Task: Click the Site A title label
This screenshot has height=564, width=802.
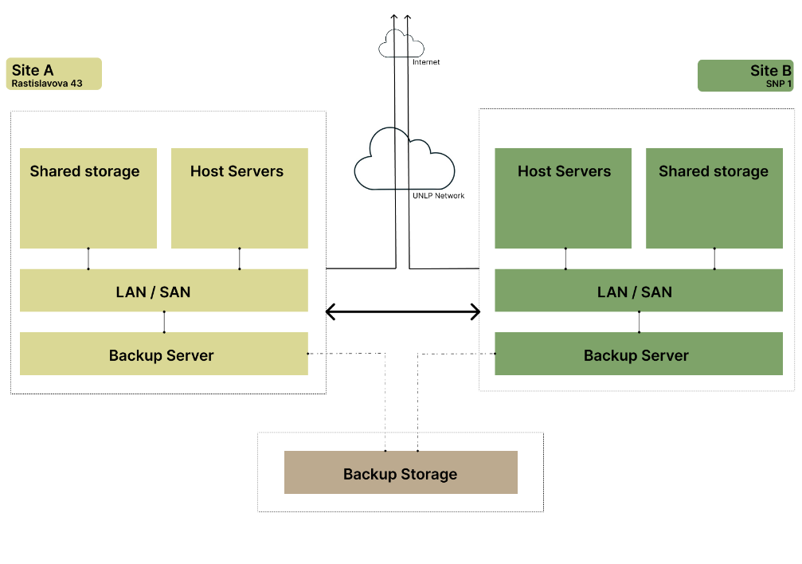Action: (x=33, y=71)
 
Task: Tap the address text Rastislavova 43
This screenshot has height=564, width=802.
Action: (x=47, y=83)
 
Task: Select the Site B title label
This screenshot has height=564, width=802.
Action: (x=770, y=71)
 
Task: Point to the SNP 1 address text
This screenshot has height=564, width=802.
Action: (x=779, y=84)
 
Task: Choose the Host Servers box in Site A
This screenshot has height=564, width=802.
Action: (x=239, y=198)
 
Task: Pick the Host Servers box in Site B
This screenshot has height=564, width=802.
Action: (x=563, y=198)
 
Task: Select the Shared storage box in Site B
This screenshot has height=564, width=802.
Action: (x=714, y=198)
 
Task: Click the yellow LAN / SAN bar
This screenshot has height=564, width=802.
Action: (x=163, y=291)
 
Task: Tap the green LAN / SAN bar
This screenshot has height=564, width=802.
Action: (x=639, y=291)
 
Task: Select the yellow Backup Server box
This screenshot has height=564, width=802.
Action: (x=163, y=354)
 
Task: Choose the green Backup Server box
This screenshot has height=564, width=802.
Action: (x=639, y=354)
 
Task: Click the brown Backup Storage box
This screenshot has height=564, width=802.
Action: (x=401, y=472)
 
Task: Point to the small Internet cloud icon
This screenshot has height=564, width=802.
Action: (x=392, y=44)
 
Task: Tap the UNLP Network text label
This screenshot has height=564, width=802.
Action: (x=438, y=195)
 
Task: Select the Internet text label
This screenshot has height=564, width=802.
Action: (x=426, y=62)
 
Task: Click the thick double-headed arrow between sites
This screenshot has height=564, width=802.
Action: (x=403, y=311)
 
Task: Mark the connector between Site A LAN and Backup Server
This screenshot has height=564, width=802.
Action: (x=164, y=322)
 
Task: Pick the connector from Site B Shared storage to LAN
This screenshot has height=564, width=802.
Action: (x=714, y=259)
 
